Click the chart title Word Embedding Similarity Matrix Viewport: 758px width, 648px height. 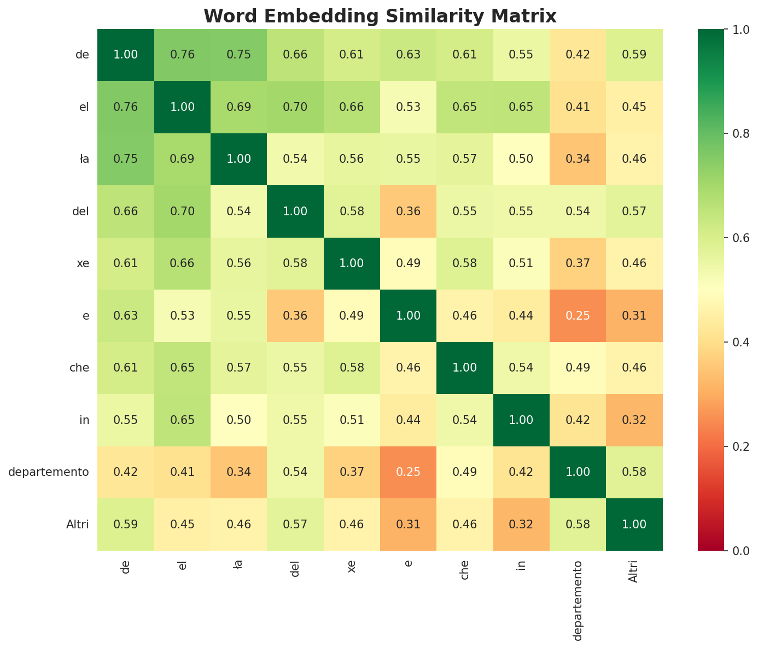[x=380, y=16]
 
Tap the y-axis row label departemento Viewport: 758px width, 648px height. [x=49, y=472]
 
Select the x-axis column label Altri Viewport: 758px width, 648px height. [x=634, y=572]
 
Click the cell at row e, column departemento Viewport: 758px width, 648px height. [x=578, y=316]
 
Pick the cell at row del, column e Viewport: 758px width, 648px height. [x=408, y=211]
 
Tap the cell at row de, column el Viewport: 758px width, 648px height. [x=182, y=55]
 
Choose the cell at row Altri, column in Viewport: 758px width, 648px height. [x=521, y=525]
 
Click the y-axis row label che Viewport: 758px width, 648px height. [x=79, y=368]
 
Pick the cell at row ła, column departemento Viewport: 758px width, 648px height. [x=578, y=159]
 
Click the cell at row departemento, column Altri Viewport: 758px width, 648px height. [x=634, y=472]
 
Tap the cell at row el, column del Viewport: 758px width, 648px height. [x=295, y=107]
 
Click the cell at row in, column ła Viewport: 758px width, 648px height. [x=238, y=420]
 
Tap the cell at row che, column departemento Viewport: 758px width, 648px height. [x=578, y=368]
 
